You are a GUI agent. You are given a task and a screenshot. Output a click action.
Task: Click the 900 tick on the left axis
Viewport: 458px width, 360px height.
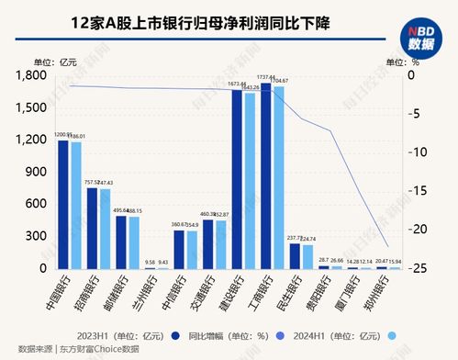[x=37, y=172]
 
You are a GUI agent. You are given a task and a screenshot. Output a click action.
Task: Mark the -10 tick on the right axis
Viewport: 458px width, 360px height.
[x=415, y=152]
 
